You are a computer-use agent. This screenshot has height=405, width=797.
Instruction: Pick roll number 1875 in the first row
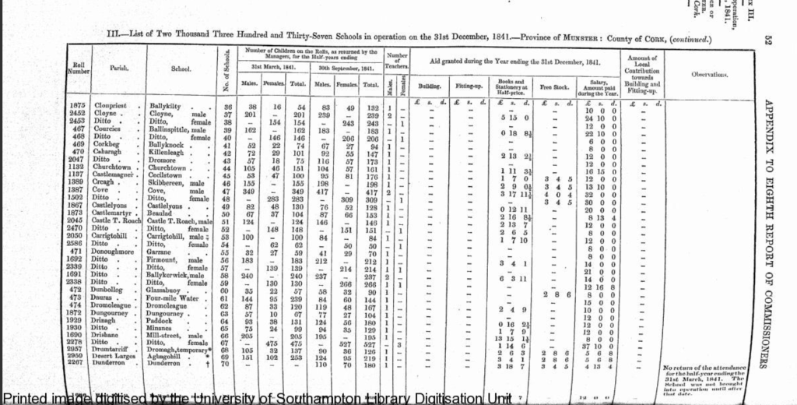pyautogui.click(x=77, y=105)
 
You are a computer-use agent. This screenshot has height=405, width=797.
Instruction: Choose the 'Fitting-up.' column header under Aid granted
pyautogui.click(x=471, y=85)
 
